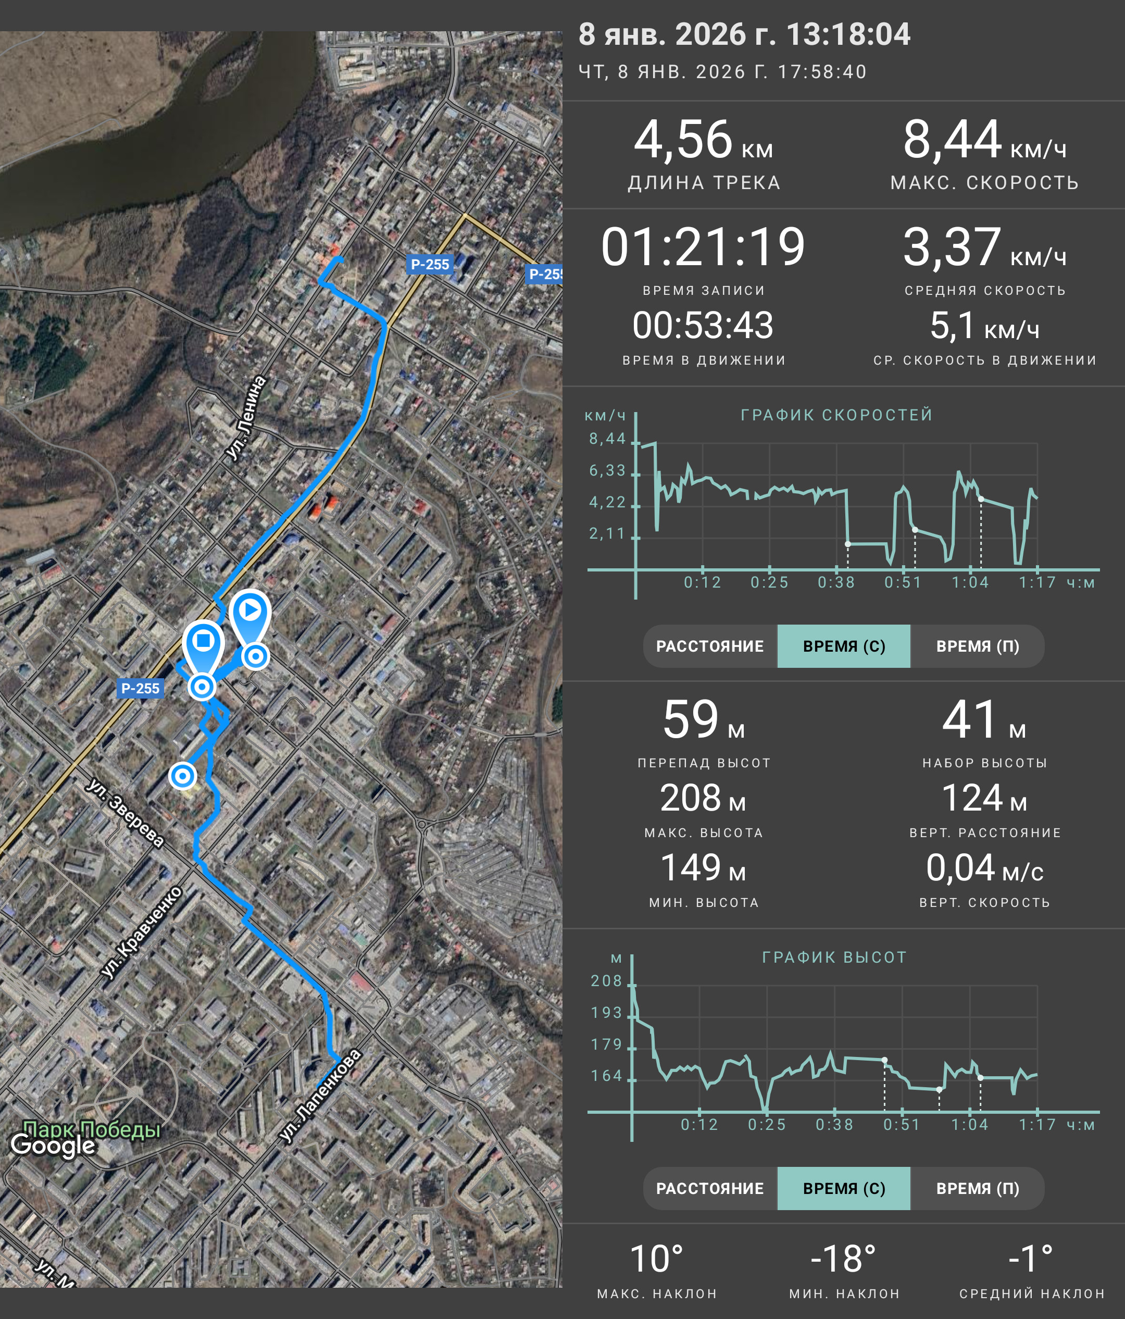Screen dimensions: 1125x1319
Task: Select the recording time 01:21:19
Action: click(703, 247)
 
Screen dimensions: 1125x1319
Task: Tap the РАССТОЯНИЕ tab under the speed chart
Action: click(710, 646)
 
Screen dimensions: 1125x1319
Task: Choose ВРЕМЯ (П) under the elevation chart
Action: click(978, 1188)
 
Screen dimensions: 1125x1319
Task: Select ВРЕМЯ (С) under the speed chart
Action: click(844, 646)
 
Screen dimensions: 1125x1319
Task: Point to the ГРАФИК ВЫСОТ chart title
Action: click(834, 957)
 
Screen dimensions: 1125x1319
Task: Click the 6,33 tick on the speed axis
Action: click(608, 470)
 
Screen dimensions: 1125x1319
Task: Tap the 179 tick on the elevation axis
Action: click(606, 1044)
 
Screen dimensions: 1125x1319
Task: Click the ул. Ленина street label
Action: click(246, 418)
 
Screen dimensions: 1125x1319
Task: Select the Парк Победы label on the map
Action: click(92, 1129)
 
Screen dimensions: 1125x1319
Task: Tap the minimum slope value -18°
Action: click(844, 1259)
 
